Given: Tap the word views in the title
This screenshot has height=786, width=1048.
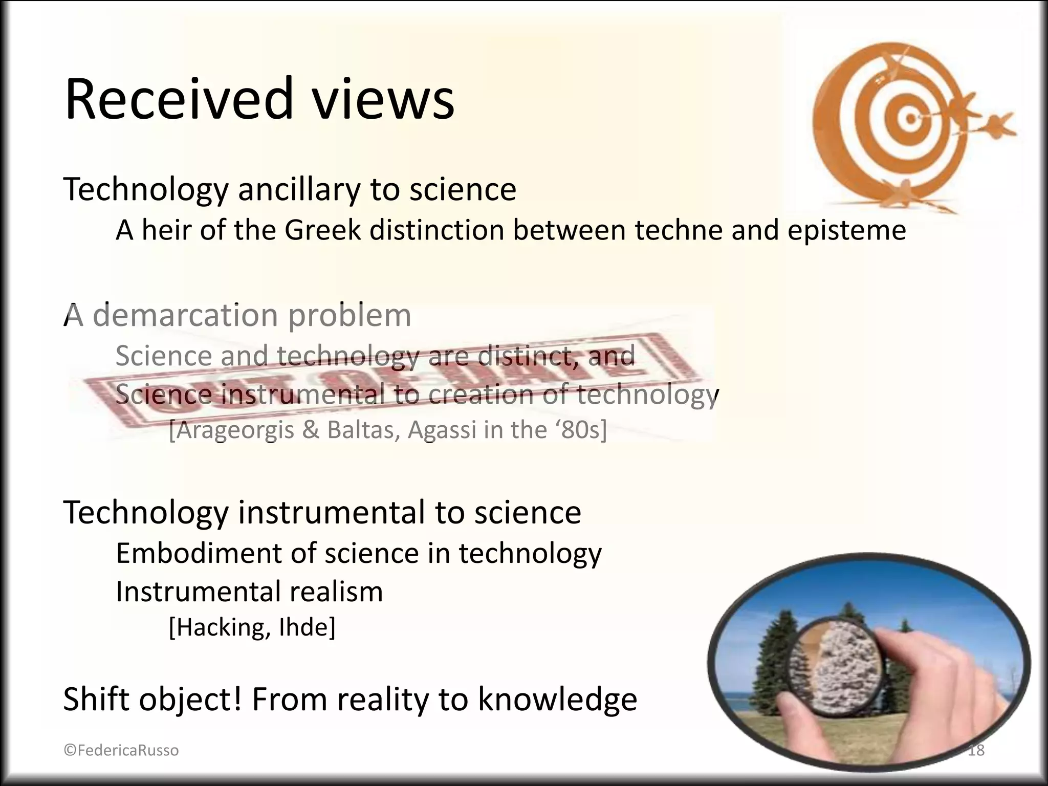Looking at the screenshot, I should [383, 98].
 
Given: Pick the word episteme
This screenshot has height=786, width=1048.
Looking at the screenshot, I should [846, 231].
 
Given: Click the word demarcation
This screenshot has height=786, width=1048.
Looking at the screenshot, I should [185, 316].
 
